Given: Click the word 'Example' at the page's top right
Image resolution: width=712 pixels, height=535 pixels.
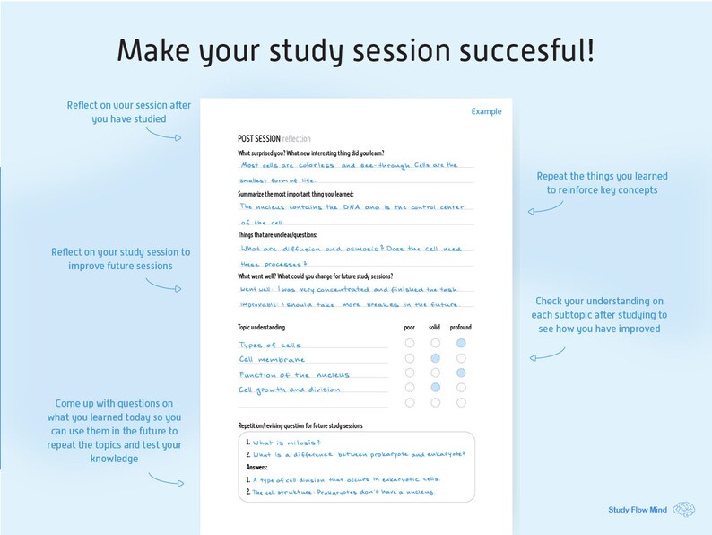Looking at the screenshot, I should [486, 111].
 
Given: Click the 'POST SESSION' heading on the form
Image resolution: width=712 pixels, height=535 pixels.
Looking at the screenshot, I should [259, 138].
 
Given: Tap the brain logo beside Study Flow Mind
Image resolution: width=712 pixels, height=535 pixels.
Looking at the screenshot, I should [684, 510].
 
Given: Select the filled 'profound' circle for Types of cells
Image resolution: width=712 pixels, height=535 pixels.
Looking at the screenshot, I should [461, 343].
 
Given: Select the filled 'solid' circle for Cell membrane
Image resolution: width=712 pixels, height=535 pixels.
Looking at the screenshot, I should [435, 358].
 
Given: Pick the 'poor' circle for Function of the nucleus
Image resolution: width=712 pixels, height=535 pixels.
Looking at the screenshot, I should [410, 373].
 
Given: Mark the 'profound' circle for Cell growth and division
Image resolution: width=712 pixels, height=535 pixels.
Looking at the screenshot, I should [461, 388].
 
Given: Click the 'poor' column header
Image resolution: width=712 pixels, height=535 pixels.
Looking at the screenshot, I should [410, 328].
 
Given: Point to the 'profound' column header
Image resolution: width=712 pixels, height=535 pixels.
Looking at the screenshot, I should [460, 328].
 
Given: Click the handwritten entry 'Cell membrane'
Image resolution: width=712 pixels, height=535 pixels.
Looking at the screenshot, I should [272, 360].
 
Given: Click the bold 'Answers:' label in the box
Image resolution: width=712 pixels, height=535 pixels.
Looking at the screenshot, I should [257, 467].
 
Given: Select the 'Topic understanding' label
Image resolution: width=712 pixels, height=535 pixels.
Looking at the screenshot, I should [261, 328].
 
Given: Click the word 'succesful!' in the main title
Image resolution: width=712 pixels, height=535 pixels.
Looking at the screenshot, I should [529, 50].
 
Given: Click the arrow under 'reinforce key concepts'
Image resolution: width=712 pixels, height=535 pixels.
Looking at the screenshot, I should [546, 209].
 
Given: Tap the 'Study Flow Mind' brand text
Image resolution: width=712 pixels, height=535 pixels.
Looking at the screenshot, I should [637, 510].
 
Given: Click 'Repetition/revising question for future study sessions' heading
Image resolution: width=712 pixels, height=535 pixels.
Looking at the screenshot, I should [300, 425].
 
